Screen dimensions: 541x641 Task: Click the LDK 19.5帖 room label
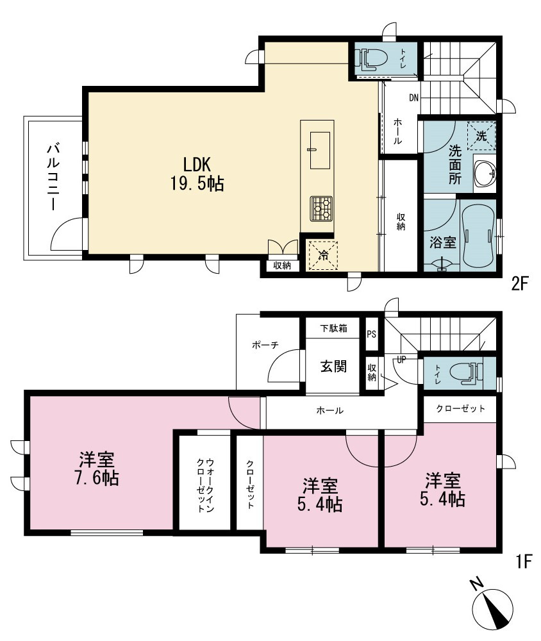click(197, 174)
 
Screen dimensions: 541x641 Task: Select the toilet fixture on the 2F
click(371, 58)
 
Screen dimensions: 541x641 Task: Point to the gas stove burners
click(321, 209)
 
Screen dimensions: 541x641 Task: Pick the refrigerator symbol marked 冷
click(323, 256)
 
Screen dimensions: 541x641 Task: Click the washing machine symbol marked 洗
click(481, 135)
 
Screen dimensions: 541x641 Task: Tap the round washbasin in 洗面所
click(485, 173)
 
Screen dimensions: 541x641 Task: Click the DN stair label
click(414, 97)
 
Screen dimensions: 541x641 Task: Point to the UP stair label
click(401, 360)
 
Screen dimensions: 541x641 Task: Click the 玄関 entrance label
click(333, 366)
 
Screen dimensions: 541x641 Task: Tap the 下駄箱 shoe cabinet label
click(333, 328)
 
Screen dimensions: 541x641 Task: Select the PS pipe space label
click(371, 334)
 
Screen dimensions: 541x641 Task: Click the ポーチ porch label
click(265, 345)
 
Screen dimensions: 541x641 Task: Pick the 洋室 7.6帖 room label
click(97, 469)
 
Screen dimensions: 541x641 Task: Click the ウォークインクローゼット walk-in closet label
click(205, 485)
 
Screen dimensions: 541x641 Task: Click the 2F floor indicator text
click(520, 283)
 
